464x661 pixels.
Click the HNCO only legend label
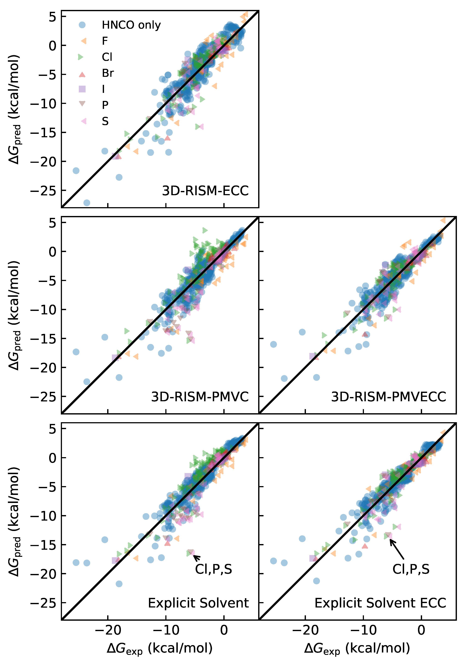131,25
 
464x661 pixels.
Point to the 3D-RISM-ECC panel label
205,191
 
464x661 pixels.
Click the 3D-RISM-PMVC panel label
200,397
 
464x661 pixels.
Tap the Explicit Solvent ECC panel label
380,603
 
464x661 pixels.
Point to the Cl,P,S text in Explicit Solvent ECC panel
411,569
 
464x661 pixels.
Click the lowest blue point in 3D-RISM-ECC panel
87,203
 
